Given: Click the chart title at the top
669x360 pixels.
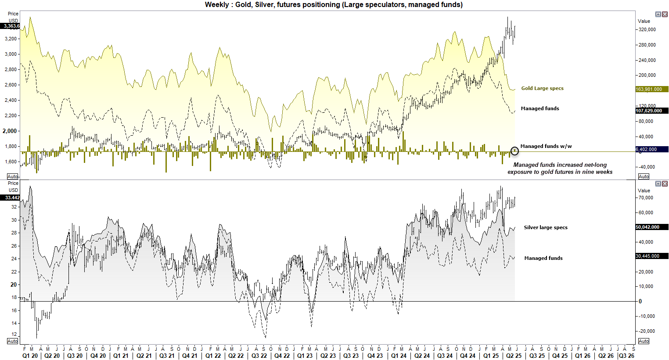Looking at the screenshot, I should (x=334, y=5).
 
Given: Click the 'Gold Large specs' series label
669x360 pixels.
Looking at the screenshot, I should (x=542, y=88).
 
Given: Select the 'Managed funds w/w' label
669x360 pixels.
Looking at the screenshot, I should (x=546, y=146).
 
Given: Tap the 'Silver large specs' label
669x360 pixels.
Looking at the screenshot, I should (x=545, y=227).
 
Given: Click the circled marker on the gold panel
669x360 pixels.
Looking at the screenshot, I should (x=514, y=151).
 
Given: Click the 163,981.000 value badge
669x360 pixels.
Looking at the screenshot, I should (x=651, y=89).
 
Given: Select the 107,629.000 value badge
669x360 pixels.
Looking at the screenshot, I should (x=651, y=111).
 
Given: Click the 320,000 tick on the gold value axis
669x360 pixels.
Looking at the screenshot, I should (x=647, y=30).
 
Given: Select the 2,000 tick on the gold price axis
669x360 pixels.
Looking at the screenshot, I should (x=10, y=131).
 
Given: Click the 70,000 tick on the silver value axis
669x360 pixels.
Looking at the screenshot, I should (x=646, y=198).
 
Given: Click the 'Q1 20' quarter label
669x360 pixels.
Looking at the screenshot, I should (x=30, y=356).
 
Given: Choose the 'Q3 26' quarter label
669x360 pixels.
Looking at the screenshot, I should (x=626, y=356).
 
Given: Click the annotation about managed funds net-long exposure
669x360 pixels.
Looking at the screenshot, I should (x=560, y=168).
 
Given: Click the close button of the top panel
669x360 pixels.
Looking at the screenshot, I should (x=665, y=14).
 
